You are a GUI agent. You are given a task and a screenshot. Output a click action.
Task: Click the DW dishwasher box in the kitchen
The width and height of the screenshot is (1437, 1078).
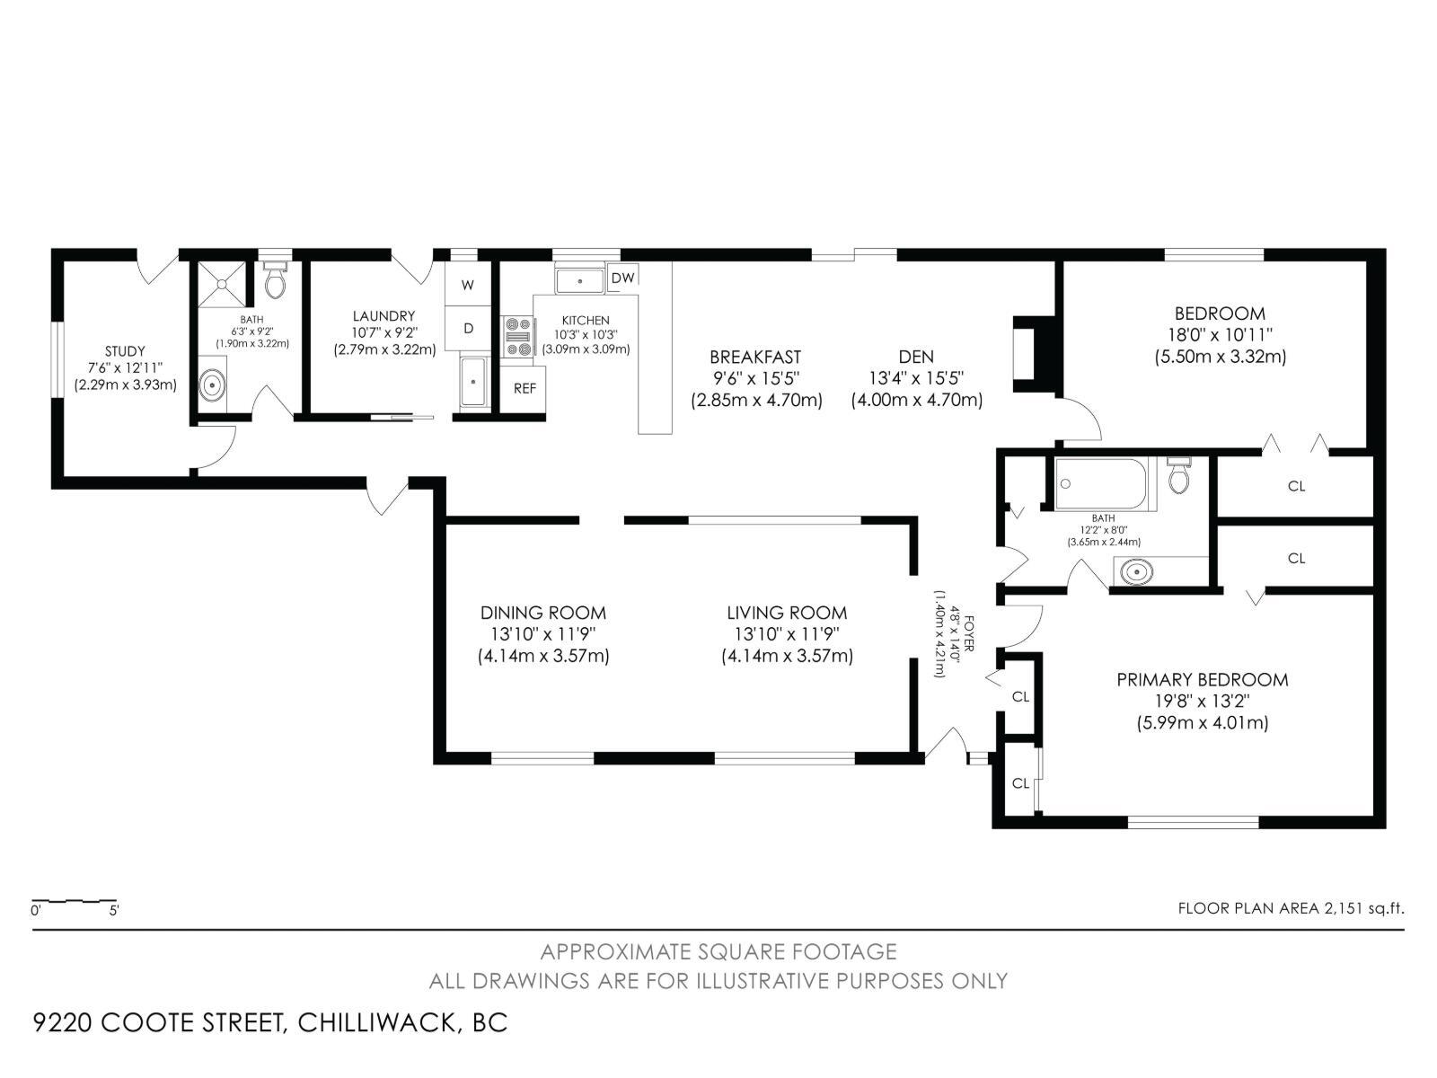[622, 278]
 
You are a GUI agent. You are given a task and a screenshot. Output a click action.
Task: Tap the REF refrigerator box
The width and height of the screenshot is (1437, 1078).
[525, 388]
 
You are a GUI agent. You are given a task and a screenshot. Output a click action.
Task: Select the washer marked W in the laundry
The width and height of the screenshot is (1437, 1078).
[468, 286]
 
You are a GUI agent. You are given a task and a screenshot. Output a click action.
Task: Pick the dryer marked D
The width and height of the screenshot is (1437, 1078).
[468, 329]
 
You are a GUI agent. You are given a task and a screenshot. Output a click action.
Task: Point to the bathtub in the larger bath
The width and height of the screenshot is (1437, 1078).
[1100, 483]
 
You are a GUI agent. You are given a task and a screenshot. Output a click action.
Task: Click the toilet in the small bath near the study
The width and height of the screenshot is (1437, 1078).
[276, 281]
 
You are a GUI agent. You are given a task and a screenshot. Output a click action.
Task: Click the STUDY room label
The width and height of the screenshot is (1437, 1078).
[125, 351]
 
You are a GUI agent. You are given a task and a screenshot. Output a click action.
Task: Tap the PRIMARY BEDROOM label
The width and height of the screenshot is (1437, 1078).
[1202, 680]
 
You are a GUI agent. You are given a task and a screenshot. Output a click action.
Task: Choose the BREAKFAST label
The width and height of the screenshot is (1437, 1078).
[754, 357]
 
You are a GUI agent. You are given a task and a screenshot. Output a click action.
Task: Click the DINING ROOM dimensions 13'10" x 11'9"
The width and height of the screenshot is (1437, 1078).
[542, 634]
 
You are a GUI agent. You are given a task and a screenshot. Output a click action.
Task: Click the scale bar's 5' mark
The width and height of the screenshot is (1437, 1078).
[114, 909]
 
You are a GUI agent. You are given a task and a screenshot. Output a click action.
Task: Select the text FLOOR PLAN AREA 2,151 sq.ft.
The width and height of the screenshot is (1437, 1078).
[1291, 908]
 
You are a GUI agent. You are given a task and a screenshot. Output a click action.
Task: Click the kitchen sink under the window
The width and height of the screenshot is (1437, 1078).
[579, 280]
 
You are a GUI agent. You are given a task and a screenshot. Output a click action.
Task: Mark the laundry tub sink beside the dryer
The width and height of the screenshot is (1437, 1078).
[473, 382]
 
